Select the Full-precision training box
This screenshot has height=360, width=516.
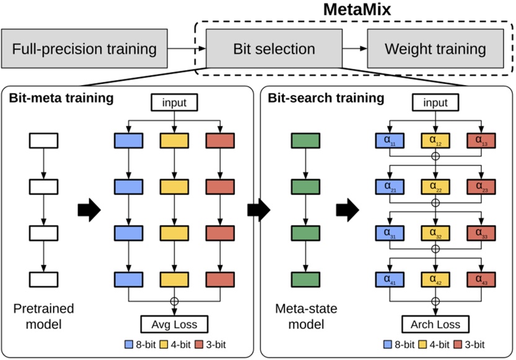tap(84, 48)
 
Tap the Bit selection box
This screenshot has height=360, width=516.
tap(274, 48)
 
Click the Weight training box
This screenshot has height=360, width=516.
tap(435, 48)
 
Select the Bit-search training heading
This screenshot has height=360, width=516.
tap(326, 98)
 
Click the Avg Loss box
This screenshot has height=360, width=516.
tap(175, 323)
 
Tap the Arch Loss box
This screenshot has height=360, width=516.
tap(435, 323)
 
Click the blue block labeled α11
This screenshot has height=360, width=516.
tap(389, 141)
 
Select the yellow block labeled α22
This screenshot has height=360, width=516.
tap(435, 186)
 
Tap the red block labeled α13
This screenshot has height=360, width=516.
tap(480, 141)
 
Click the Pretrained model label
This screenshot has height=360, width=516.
tap(43, 315)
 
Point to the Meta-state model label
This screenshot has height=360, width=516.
tap(304, 315)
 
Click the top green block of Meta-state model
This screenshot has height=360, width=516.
tap(304, 141)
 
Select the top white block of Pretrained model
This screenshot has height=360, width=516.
tap(43, 141)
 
